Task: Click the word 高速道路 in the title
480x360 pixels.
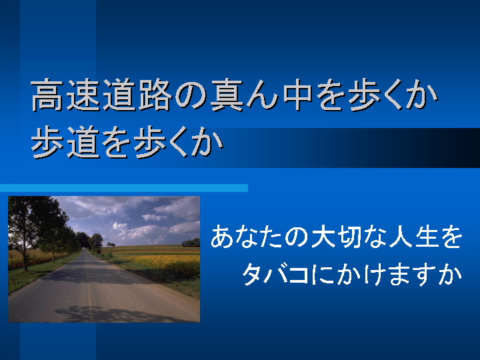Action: pos(101,95)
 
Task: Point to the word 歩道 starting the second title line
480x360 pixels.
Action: pos(66,143)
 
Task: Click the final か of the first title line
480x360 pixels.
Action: pos(422,95)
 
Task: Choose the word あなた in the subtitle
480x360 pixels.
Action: pos(247,237)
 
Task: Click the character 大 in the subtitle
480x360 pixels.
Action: pos(323,237)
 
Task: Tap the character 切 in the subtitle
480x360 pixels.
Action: pos(349,237)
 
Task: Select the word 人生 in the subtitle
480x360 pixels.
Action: pos(412,237)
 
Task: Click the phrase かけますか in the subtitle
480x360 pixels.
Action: pos(399,274)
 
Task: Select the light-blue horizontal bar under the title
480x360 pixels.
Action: pos(124,188)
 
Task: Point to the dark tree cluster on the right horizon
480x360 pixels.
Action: pos(191,243)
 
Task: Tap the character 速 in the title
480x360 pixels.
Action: pos(83,95)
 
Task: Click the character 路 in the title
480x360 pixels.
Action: pos(155,95)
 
